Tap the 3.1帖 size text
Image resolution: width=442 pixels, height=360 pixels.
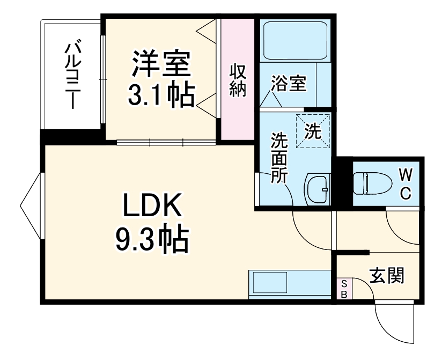coord(160,96)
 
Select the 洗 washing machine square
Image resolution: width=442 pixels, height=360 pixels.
coord(312,131)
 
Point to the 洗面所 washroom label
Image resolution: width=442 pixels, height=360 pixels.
coord(278,158)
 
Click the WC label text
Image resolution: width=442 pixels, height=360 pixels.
coord(406,183)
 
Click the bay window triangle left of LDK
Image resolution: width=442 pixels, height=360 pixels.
coord(31,207)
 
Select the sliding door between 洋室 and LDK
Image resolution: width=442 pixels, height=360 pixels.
coord(166,142)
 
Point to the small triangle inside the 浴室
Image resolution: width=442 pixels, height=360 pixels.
coord(268,100)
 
